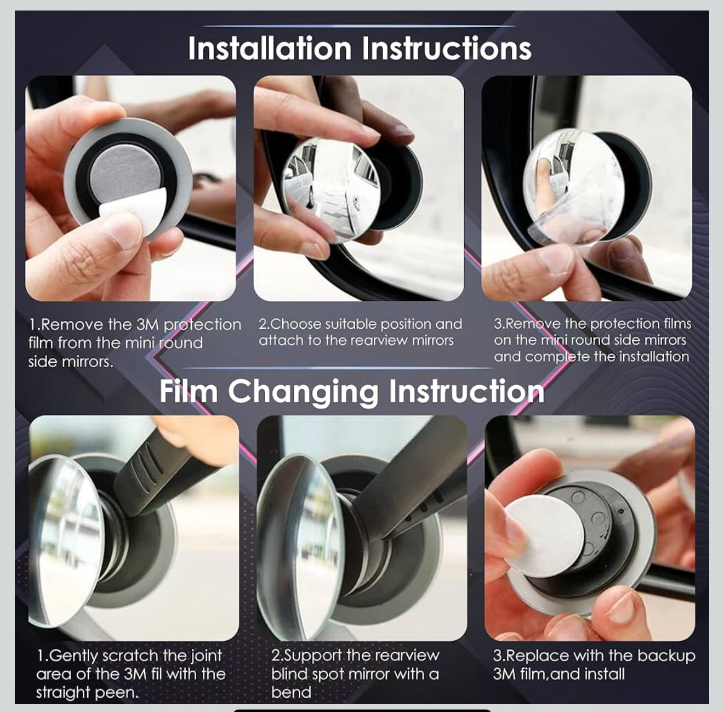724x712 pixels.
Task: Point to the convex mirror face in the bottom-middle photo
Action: pyautogui.click(x=303, y=538)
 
